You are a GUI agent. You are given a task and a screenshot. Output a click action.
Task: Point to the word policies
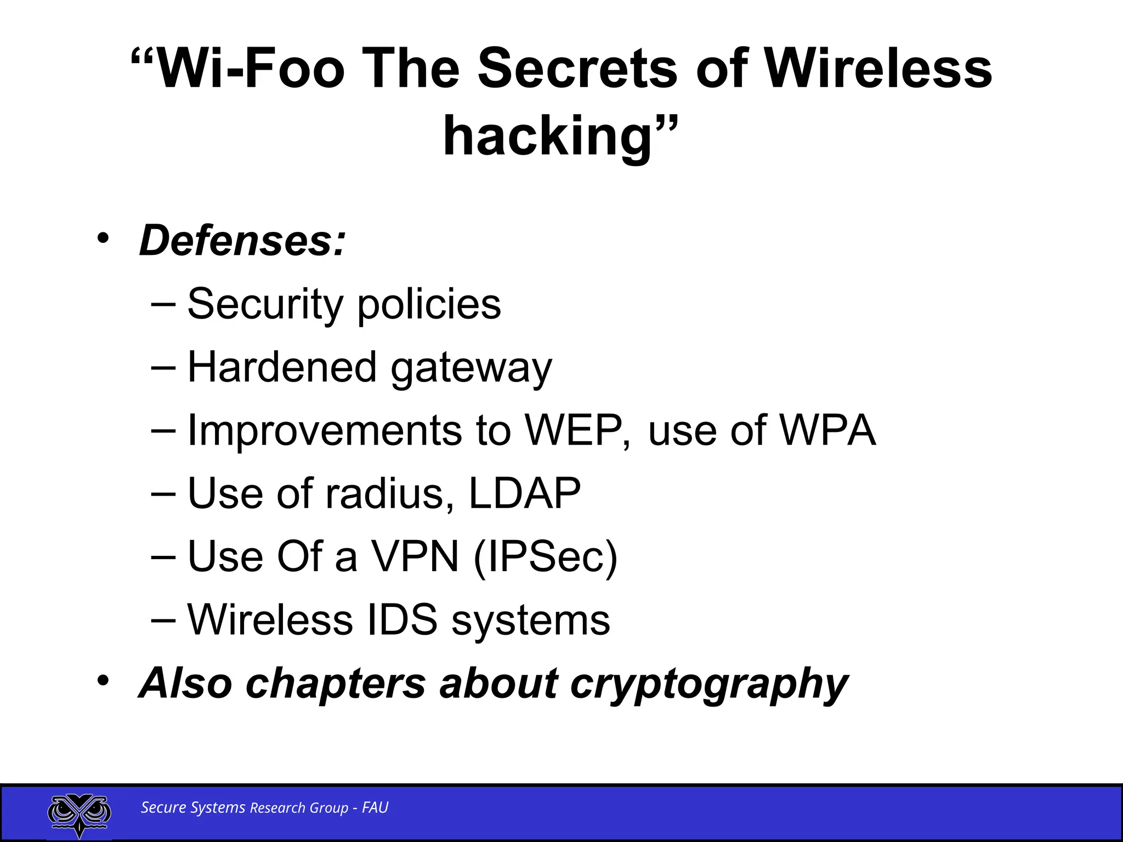429,305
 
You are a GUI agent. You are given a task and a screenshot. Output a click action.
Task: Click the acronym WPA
828,430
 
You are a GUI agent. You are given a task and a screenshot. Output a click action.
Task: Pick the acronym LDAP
524,493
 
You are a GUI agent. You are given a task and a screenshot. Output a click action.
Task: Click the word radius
390,493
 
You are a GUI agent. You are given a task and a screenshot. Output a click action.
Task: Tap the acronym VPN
415,556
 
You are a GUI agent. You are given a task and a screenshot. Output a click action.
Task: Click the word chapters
335,684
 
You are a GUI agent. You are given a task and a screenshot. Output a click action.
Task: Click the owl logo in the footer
80,813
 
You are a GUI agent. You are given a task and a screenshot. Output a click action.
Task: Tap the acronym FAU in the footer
375,807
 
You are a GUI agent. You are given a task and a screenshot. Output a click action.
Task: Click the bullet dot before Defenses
103,239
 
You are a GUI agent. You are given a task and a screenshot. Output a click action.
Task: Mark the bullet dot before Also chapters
103,681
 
